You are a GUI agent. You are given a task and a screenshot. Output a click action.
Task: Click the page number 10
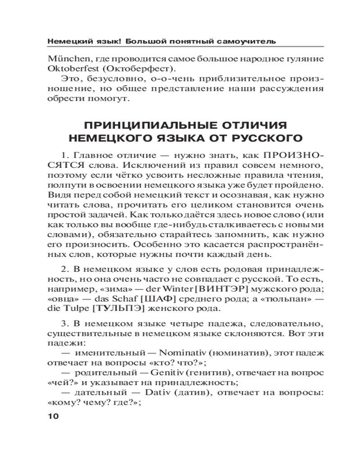coord(53,416)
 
